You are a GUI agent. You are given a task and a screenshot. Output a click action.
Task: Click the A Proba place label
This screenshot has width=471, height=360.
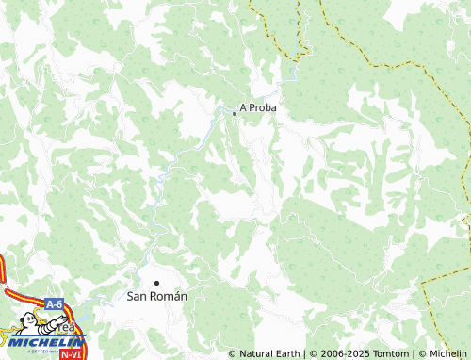[x=258, y=107]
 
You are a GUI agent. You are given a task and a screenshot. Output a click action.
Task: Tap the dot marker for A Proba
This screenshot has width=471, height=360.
[x=235, y=113]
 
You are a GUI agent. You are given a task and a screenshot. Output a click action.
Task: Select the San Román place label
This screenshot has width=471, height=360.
[x=157, y=296]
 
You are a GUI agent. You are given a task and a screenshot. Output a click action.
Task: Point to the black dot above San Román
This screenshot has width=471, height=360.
[x=157, y=283]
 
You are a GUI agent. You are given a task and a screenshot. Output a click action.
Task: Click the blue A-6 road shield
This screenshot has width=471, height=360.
[x=55, y=303]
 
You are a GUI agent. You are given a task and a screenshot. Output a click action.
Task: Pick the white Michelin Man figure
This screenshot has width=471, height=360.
[x=17, y=332]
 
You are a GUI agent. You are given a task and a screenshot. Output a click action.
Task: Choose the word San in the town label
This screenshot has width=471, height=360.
[x=138, y=296]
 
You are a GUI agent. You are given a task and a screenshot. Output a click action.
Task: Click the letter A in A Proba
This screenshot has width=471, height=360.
[x=244, y=107]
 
